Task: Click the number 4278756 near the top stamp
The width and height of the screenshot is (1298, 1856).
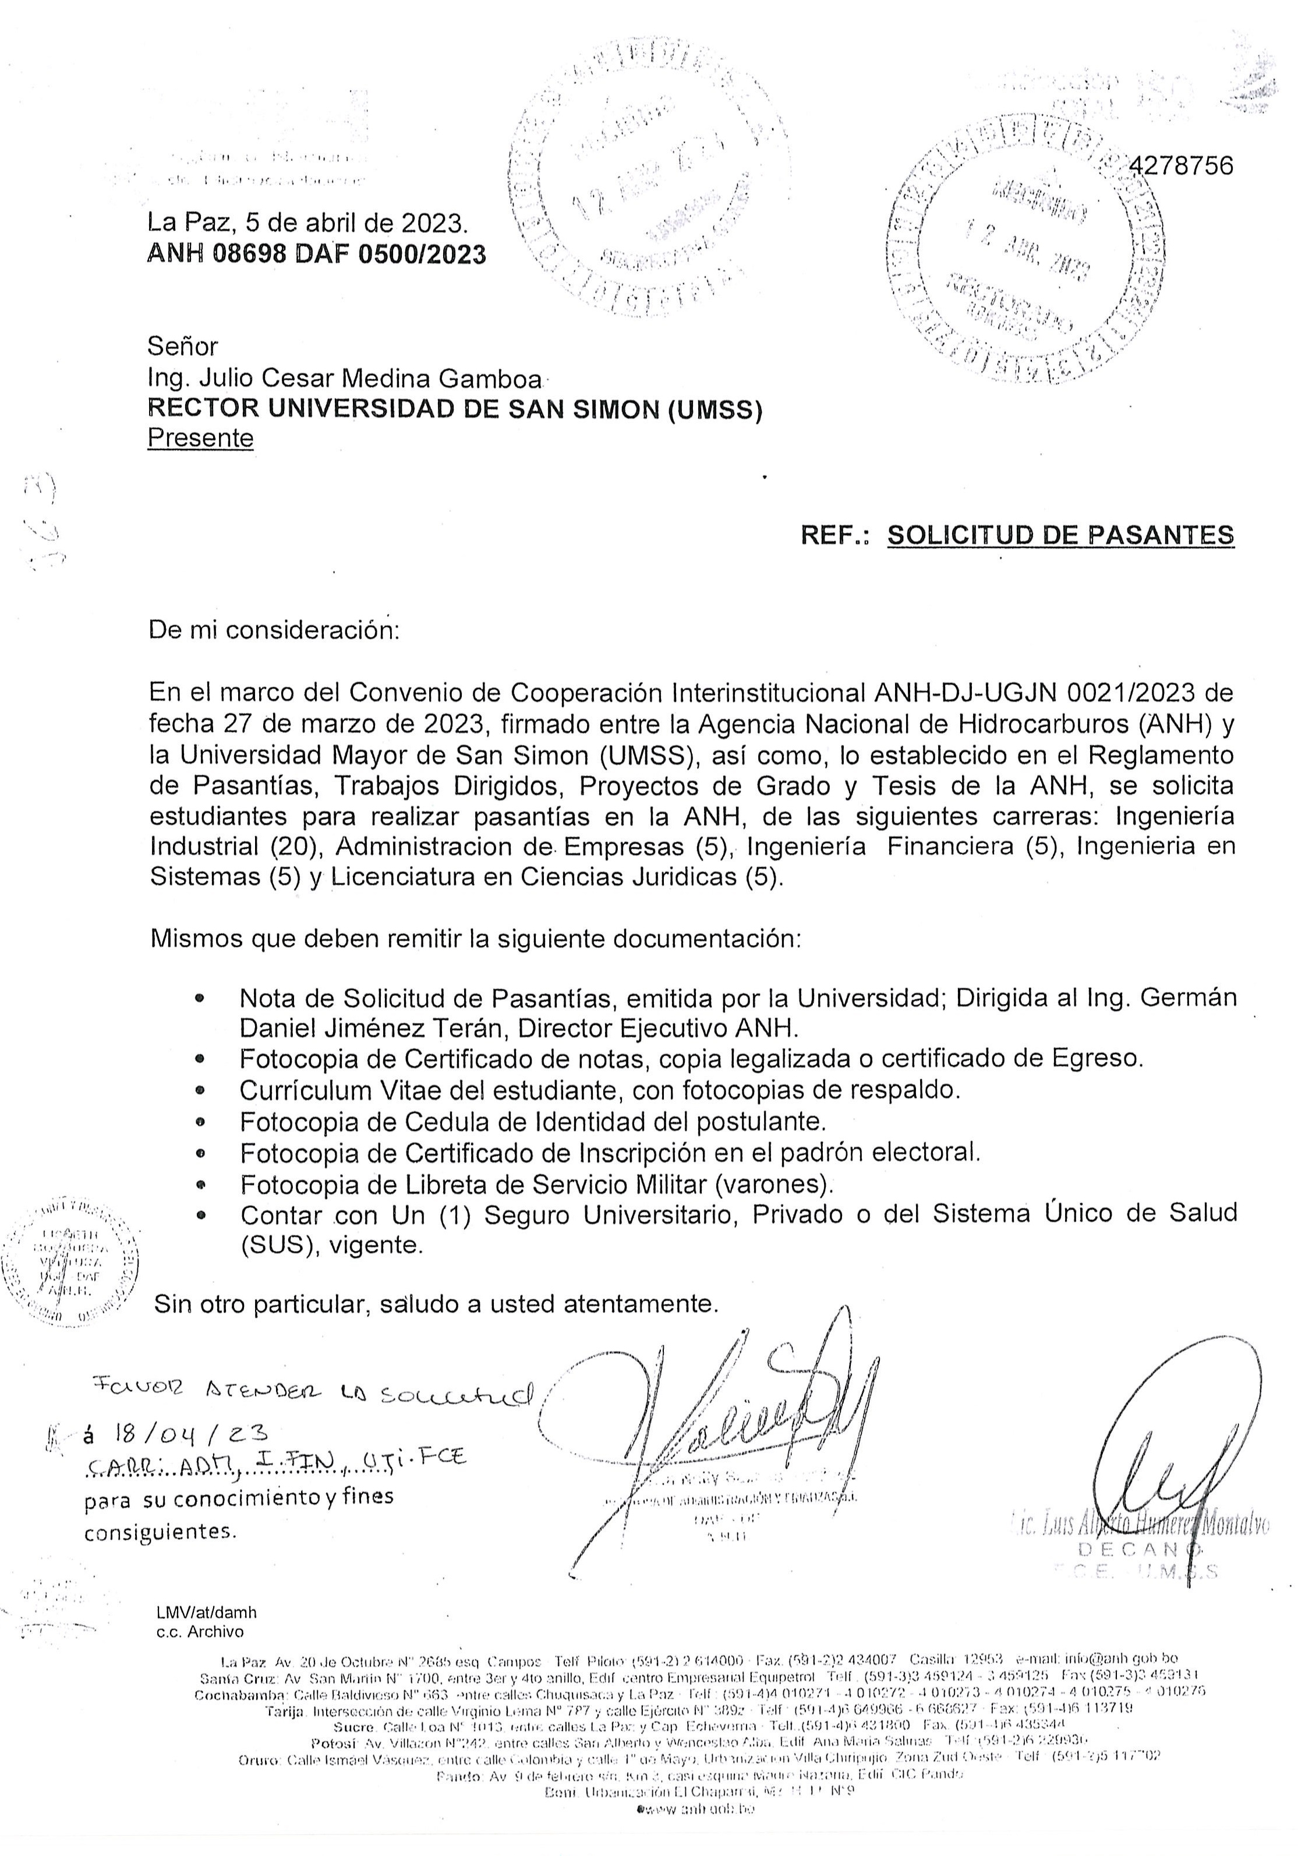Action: [x=1182, y=166]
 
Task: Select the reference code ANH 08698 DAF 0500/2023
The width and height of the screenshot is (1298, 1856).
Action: [x=317, y=254]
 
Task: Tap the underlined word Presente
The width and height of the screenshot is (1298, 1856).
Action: [x=200, y=438]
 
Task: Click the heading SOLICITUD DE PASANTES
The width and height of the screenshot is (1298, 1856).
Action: [x=1060, y=535]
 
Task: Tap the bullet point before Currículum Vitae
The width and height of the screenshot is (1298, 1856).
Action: [x=200, y=1091]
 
